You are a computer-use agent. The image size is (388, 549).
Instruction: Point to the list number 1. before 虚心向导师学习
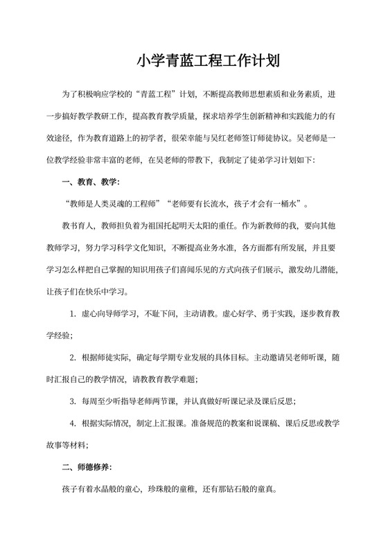[x=73, y=313]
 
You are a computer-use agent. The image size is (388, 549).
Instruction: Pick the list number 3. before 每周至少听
[x=73, y=401]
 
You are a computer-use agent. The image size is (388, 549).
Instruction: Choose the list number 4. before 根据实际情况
[x=73, y=423]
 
